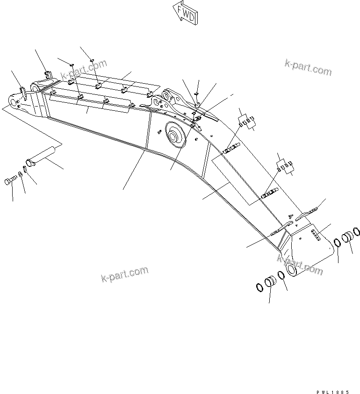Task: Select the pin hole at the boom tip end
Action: [x=13, y=101]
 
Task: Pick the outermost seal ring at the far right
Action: [x=357, y=231]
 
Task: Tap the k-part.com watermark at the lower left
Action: [x=124, y=275]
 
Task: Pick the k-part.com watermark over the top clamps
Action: [x=84, y=70]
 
